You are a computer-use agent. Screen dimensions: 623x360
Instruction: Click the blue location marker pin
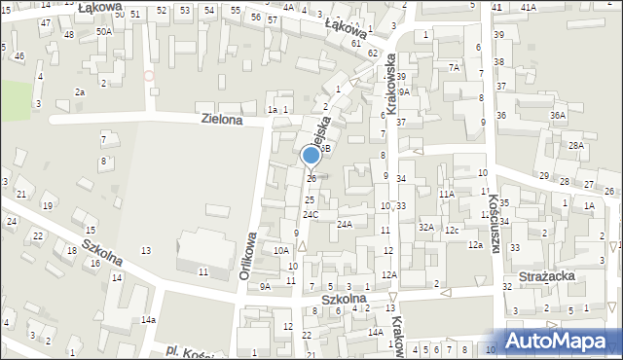point(311,156)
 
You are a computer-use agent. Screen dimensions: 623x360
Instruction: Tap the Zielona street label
point(221,119)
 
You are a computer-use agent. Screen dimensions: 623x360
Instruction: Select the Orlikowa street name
point(248,255)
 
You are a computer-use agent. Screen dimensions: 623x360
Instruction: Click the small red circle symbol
point(149,75)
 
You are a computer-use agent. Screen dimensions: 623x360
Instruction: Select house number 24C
point(310,214)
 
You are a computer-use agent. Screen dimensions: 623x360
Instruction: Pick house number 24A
point(344,224)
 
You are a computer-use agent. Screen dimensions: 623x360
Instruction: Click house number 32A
point(425,227)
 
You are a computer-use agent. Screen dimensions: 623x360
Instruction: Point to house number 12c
point(452,230)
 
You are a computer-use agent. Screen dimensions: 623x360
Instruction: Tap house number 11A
point(446,195)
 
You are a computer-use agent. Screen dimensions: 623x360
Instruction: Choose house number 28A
point(576,145)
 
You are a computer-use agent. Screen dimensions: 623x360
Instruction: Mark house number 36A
point(558,115)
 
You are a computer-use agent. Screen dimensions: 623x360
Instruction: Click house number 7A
point(454,67)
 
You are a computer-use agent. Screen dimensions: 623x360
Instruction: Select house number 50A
point(102,31)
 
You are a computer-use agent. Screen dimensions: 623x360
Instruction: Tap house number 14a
point(148,319)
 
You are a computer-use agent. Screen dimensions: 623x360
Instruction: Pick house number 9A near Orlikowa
point(265,286)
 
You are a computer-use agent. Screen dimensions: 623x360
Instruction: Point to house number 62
point(373,52)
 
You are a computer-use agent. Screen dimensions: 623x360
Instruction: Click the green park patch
point(16,100)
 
